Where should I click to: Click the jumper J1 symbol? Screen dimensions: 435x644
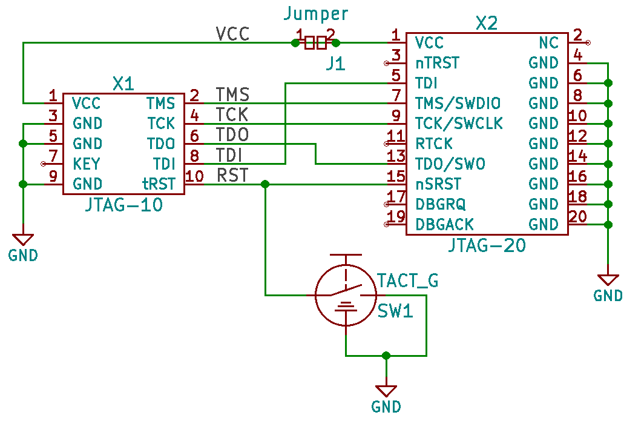coord(315,42)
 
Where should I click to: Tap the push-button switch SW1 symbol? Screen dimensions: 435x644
coord(346,295)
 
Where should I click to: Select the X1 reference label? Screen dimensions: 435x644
coord(123,84)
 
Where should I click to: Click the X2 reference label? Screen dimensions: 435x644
coord(486,24)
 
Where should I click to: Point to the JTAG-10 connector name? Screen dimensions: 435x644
coord(123,205)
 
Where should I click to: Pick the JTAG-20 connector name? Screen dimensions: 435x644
coord(487,245)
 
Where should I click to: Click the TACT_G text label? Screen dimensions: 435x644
coord(407,281)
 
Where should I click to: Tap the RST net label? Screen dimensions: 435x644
coord(232,175)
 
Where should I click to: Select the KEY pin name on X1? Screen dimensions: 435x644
coord(86,164)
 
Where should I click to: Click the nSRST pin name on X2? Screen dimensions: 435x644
coord(438,184)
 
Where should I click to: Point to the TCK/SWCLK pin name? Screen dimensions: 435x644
coord(459,124)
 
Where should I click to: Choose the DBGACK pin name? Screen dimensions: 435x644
coord(444,225)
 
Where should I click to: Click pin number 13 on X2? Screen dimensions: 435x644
coord(396,156)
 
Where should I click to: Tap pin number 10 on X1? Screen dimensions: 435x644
coord(194,176)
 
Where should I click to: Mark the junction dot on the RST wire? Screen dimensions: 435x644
coord(265,184)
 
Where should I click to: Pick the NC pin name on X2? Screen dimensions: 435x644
coord(549,43)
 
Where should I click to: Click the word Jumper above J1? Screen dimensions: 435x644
coord(316,13)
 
